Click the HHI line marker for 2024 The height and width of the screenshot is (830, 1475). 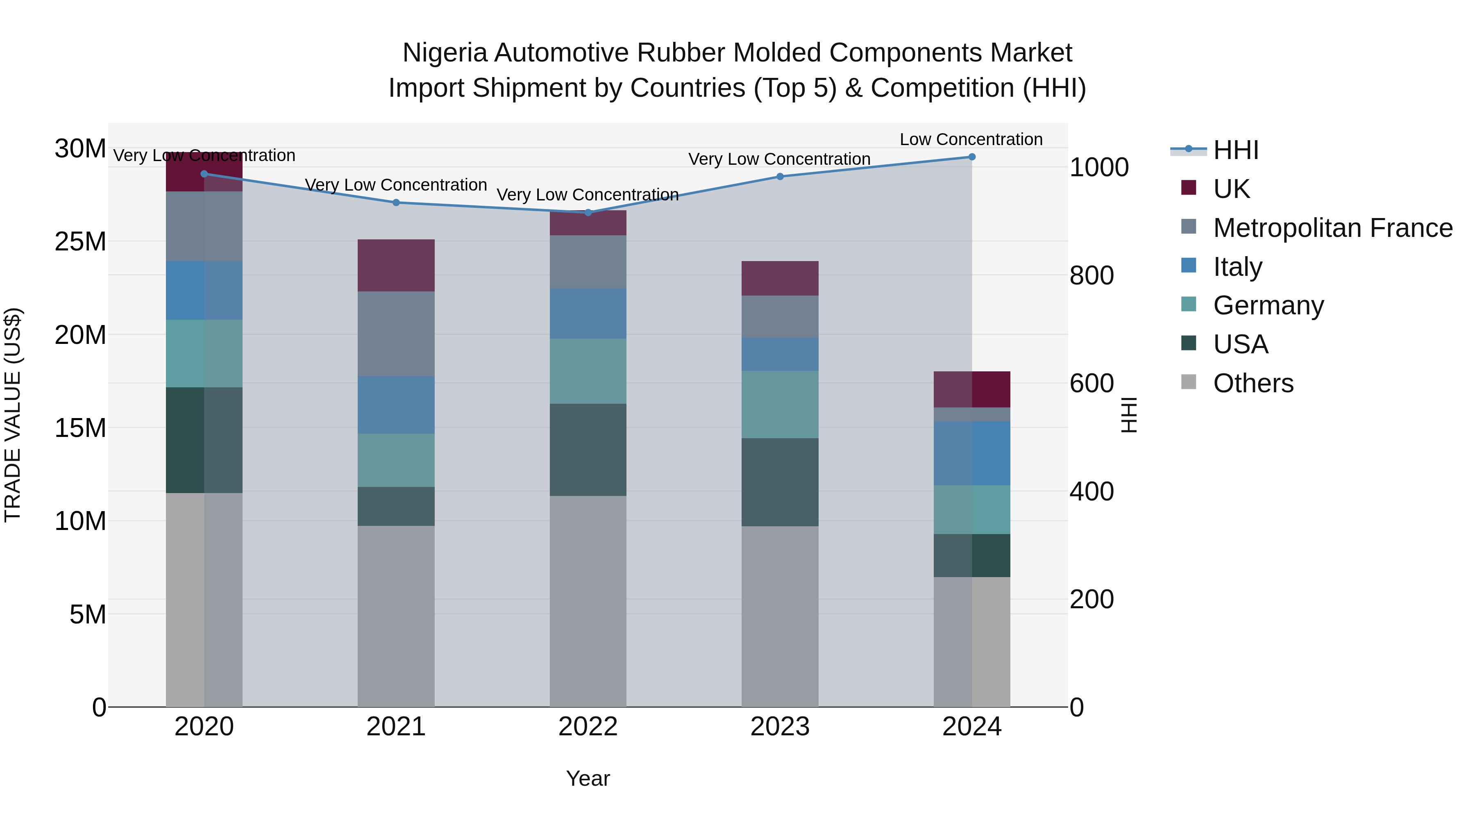(x=972, y=157)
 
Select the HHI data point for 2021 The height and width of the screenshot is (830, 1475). (x=396, y=202)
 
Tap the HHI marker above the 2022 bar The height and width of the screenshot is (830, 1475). (x=588, y=212)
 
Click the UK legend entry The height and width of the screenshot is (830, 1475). (x=1231, y=189)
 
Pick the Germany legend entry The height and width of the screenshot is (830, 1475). (x=1268, y=305)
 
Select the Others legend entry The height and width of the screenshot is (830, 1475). (x=1253, y=383)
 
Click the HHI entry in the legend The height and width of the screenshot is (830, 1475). (x=1236, y=150)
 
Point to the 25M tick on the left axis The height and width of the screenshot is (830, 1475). (x=80, y=242)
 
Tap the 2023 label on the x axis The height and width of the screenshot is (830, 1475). (x=780, y=727)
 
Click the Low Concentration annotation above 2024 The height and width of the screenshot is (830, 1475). (x=971, y=139)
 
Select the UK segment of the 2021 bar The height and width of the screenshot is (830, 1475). (x=396, y=265)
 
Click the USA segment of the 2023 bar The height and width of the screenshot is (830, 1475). (x=780, y=482)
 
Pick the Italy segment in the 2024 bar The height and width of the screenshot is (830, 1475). (x=972, y=453)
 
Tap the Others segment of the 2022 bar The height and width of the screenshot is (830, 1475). (x=588, y=601)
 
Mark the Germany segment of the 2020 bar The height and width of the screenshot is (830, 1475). (x=204, y=353)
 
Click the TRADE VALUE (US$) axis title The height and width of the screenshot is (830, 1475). (x=13, y=415)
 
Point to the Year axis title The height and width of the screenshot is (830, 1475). (x=588, y=778)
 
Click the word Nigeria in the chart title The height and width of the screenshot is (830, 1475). (x=445, y=53)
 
